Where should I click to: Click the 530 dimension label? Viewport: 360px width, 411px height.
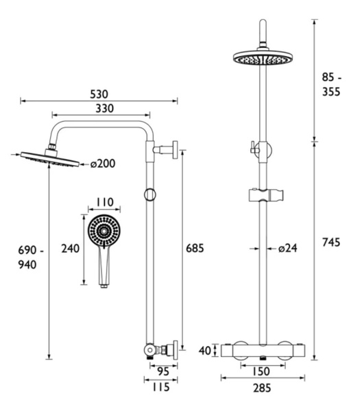99,95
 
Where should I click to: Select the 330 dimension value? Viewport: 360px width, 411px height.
104,108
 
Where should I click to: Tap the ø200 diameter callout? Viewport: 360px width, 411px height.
103,164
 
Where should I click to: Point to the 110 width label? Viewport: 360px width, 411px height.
105,202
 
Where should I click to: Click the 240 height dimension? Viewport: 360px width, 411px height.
71,249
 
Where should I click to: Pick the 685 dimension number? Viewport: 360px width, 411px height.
195,248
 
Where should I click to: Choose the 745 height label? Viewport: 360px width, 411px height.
331,242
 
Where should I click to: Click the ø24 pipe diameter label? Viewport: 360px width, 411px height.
288,248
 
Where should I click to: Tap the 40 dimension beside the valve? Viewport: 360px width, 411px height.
205,351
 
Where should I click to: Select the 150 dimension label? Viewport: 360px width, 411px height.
261,371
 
